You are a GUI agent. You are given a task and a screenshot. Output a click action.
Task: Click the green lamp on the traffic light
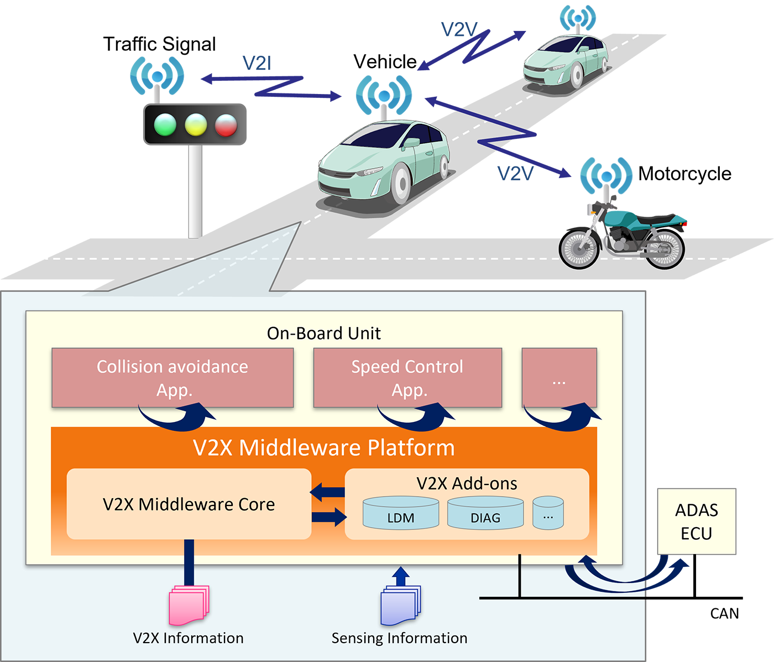[x=165, y=125]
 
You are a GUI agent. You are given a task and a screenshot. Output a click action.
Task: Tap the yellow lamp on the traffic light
[x=195, y=125]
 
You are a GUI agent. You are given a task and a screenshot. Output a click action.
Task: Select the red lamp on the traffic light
[x=226, y=125]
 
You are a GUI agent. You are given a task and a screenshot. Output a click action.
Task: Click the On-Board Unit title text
[x=323, y=333]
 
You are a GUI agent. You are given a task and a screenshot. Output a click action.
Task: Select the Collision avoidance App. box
[x=172, y=378]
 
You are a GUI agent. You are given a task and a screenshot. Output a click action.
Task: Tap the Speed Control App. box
[x=407, y=378]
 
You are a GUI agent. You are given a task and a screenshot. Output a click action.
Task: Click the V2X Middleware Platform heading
[x=323, y=447]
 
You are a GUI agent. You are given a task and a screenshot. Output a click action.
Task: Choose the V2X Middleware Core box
[x=189, y=504]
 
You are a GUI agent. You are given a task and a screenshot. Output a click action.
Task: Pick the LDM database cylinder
[x=401, y=513]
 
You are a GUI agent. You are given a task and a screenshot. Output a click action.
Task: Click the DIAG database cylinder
[x=485, y=513]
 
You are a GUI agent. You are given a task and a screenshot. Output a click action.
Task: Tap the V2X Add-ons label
[x=467, y=483]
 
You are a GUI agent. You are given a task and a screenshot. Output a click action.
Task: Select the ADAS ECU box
[x=697, y=521]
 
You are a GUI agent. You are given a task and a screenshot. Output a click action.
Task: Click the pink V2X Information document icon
[x=189, y=606]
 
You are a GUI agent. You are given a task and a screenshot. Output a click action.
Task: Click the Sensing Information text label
[x=399, y=638]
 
